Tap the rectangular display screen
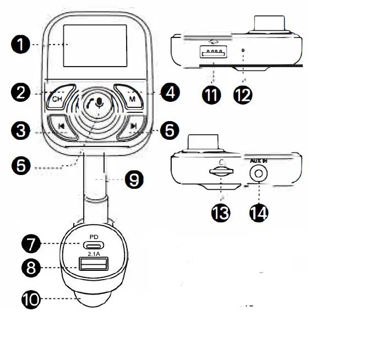(x=96, y=46)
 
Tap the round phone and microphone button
(x=97, y=103)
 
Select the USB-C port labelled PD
(x=94, y=246)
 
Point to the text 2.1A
(x=94, y=255)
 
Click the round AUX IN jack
(x=258, y=173)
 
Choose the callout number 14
(x=258, y=212)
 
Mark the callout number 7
(x=31, y=243)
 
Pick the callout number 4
(x=170, y=92)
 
